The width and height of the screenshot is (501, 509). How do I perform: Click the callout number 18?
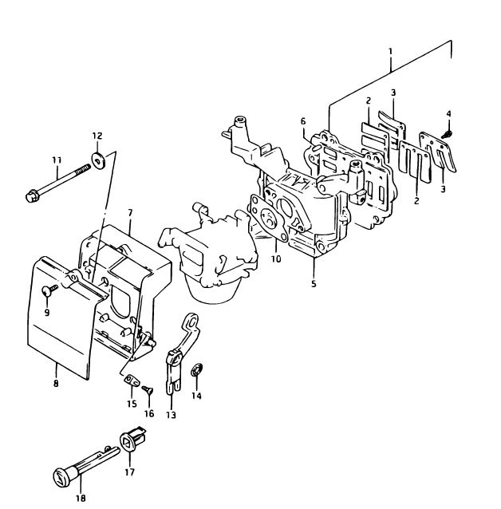tap(81, 498)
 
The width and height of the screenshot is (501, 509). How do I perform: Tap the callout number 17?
tap(129, 472)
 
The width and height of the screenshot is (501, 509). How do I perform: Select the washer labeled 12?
tap(99, 160)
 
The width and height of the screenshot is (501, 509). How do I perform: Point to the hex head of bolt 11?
tap(32, 195)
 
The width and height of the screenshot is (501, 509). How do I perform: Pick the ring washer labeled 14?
tap(197, 369)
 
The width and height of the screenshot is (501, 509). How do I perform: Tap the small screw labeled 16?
tap(148, 389)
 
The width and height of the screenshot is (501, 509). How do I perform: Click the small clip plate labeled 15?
tap(132, 380)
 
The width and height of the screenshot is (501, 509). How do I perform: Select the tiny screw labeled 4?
tap(447, 134)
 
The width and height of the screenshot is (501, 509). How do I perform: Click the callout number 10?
tap(276, 258)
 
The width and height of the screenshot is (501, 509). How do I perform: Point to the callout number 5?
tap(314, 283)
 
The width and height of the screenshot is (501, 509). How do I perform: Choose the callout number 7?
tap(130, 213)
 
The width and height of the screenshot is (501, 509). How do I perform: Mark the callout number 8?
tap(56, 383)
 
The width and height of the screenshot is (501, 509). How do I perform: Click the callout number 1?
tap(391, 52)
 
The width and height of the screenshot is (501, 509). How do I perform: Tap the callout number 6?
tap(303, 121)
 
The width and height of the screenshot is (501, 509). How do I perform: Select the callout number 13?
tap(171, 415)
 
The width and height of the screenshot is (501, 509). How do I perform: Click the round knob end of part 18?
tap(61, 477)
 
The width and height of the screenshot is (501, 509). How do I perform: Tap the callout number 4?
tap(448, 113)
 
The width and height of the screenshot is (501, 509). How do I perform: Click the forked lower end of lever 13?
tap(173, 386)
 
